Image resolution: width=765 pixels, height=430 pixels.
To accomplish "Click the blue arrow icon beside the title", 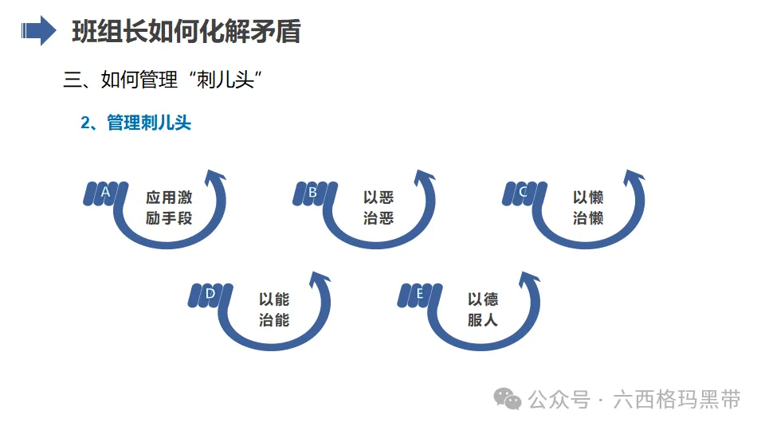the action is point(37,32).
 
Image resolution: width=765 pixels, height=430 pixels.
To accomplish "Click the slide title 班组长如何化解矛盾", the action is point(186,32).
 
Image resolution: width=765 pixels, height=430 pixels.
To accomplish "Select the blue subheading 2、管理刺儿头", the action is point(136,123).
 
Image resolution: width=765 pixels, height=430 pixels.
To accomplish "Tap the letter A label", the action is point(104,192).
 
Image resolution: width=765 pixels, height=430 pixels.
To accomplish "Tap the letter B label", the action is point(312,192).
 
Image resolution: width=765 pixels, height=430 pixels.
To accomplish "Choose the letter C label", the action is point(523,192).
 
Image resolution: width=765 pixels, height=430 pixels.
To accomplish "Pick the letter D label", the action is point(210,294).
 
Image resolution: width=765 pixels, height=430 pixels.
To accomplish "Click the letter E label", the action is point(419,294).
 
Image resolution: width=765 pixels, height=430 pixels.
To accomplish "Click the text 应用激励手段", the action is point(169,208).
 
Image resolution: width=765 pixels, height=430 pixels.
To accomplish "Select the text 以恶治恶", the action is point(379,208).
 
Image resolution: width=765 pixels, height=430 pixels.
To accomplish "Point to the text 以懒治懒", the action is point(588,208).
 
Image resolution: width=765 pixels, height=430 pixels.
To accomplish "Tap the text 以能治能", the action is point(274,310).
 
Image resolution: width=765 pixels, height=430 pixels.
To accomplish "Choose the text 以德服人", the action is point(483,310).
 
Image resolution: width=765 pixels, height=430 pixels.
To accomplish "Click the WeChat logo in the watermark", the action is point(507,398).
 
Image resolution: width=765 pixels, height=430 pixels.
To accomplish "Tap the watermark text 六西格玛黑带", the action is point(677,399).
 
